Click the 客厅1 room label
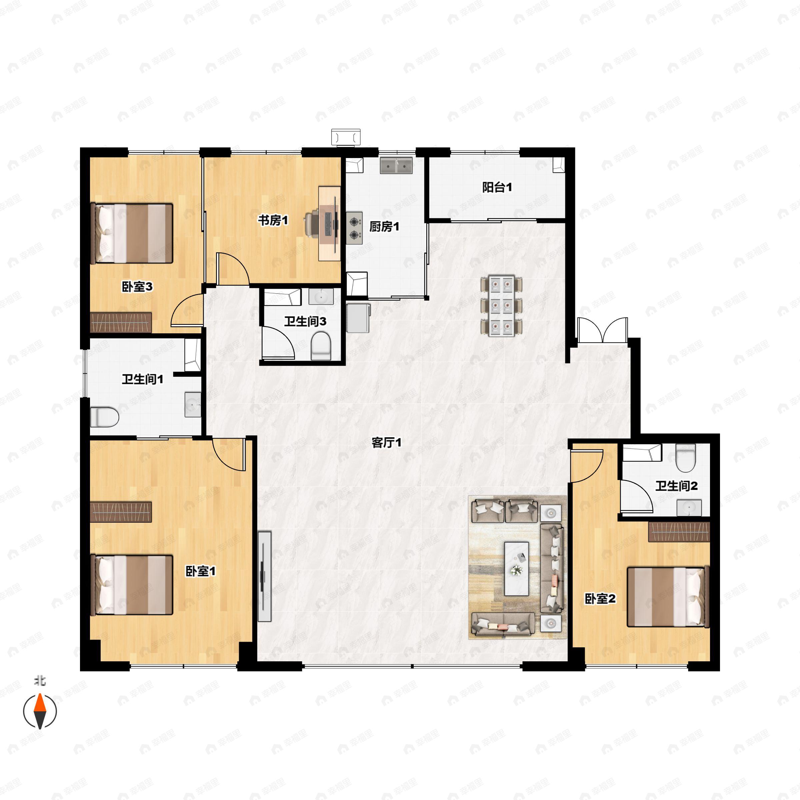point(386,443)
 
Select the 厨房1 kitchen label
point(384,227)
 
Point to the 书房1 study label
point(273,220)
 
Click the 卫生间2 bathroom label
point(676,486)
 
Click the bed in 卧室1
point(132,585)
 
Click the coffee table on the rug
point(516,569)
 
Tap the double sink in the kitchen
point(396,165)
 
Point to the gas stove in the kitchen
point(354,228)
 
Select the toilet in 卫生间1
point(104,417)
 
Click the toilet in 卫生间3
point(321,347)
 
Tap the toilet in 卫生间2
point(685,458)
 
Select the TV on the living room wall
point(264,576)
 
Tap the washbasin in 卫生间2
point(689,508)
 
